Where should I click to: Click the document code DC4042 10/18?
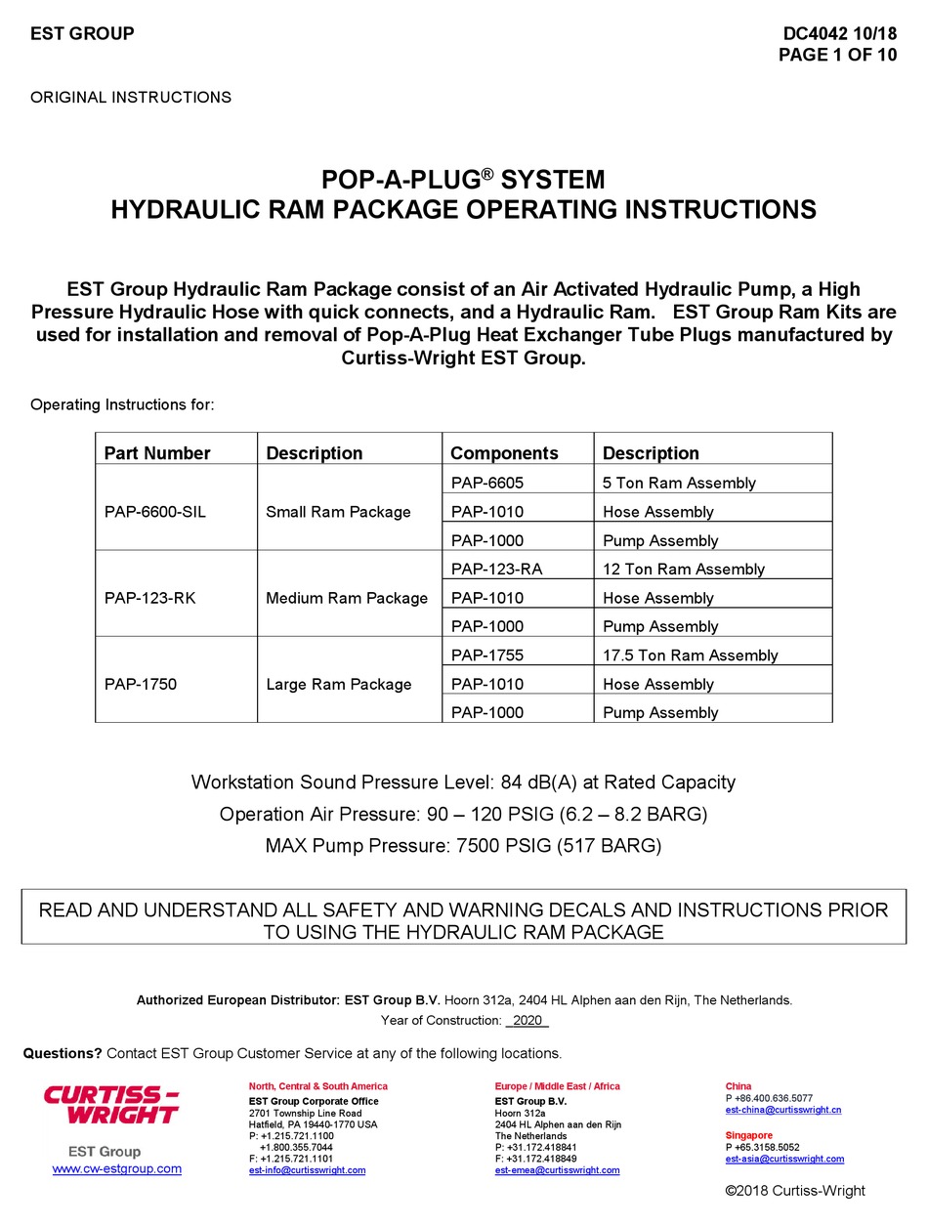coord(839,33)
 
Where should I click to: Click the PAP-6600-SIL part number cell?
coord(154,512)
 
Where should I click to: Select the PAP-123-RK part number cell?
coord(149,598)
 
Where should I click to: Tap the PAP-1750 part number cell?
coord(140,684)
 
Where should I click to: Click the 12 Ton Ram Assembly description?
coord(683,569)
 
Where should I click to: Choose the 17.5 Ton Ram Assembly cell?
coord(690,655)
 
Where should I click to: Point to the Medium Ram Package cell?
coord(346,598)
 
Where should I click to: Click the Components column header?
coord(503,453)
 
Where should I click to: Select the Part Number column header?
coord(156,453)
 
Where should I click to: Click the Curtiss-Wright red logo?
coord(111,1105)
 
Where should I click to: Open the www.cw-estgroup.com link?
coord(116,1169)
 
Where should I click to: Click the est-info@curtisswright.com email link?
coord(307,1170)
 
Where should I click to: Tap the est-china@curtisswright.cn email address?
coord(782,1111)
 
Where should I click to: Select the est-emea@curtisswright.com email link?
coord(557,1170)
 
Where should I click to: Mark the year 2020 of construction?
coord(527,1021)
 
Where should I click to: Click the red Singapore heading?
coord(748,1135)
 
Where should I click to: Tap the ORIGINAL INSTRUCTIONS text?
coord(131,98)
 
